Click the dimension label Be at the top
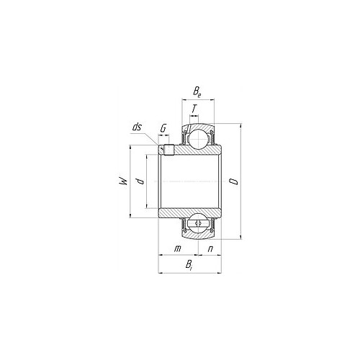[197, 92]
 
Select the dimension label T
[194, 109]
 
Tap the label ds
[138, 127]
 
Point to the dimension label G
[163, 128]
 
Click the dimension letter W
[123, 181]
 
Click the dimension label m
[177, 248]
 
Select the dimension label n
[210, 249]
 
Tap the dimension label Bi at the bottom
[189, 265]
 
